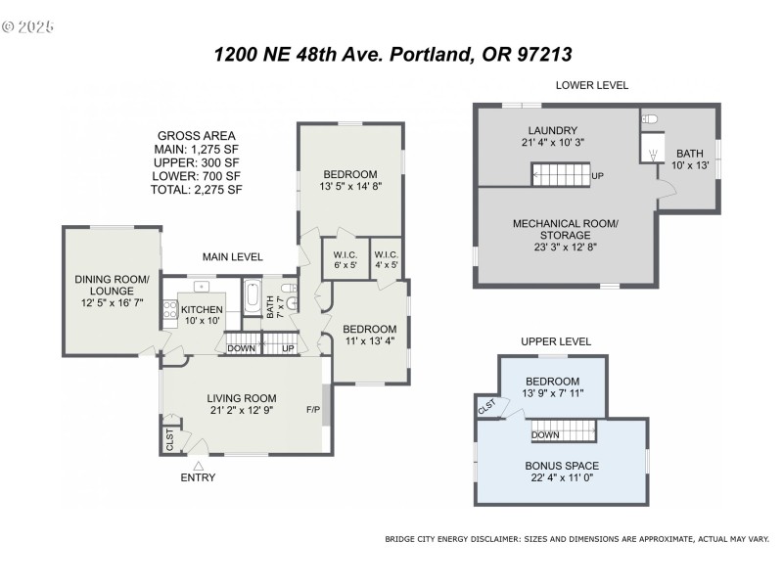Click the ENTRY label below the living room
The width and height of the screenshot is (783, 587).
point(198,477)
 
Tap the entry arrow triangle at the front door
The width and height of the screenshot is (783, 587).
point(198,465)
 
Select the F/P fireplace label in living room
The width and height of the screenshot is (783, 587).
point(313,409)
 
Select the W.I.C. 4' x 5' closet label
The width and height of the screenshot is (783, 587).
point(387,258)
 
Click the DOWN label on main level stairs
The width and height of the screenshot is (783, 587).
point(241,348)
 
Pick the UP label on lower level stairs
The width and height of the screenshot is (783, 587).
point(598,176)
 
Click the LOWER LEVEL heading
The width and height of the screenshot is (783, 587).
point(591,85)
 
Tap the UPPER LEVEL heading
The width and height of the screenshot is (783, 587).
point(556,341)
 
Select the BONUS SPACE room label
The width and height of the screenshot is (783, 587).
point(562,471)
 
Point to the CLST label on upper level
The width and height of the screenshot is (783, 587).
point(487,404)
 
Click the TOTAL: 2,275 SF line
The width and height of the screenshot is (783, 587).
point(196,190)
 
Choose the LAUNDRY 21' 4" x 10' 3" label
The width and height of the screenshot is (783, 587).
point(552,136)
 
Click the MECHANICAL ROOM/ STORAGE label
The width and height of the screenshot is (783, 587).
point(565,229)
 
